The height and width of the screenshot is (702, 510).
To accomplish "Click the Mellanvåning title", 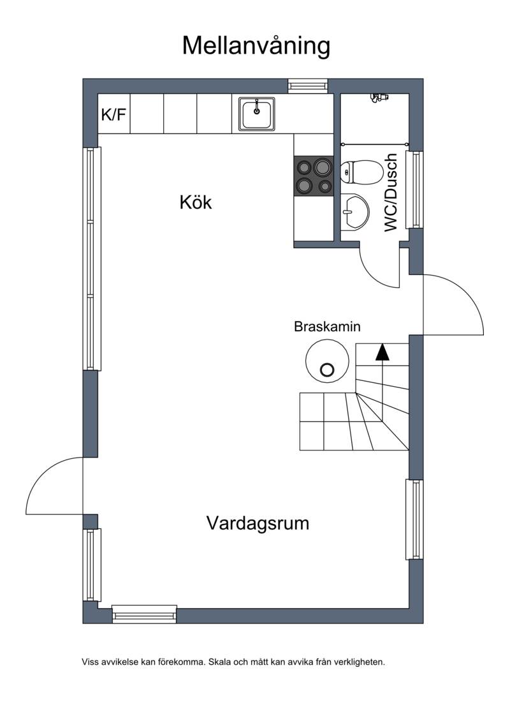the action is (256, 46).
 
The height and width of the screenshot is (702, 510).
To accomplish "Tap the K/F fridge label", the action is (113, 115).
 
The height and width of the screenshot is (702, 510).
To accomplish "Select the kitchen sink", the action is (256, 114).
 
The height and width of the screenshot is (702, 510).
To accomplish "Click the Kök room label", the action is (196, 202).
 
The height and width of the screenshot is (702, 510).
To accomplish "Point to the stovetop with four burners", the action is (314, 175).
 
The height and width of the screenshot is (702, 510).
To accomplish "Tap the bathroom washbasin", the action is (354, 212).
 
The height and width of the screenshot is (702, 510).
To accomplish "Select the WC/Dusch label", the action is (391, 193).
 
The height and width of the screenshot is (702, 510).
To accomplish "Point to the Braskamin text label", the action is (327, 327).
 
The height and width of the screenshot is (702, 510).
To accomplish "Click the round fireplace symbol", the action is (327, 361).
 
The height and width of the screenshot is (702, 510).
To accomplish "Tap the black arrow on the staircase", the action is (382, 352).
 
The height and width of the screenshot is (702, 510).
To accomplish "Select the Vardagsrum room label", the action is (258, 523).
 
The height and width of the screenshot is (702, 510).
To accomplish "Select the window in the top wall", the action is (308, 86).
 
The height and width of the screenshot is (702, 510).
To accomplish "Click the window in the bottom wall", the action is (144, 614).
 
